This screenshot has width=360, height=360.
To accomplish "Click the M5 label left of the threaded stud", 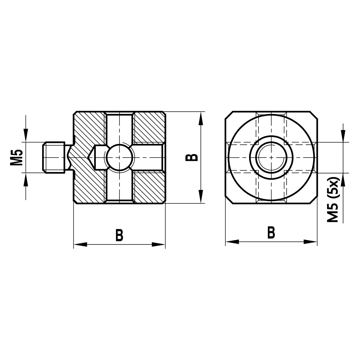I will [x=17, y=157].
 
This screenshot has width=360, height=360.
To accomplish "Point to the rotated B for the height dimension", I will [x=193, y=157].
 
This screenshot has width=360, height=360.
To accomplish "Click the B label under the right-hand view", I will [x=271, y=233].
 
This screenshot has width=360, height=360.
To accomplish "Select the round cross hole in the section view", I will [x=120, y=157].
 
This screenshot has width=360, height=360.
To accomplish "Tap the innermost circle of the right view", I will [x=271, y=157].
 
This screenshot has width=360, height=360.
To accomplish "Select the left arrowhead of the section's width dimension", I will [x=80, y=244].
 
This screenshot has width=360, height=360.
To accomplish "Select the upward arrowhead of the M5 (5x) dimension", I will [x=343, y=179].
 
